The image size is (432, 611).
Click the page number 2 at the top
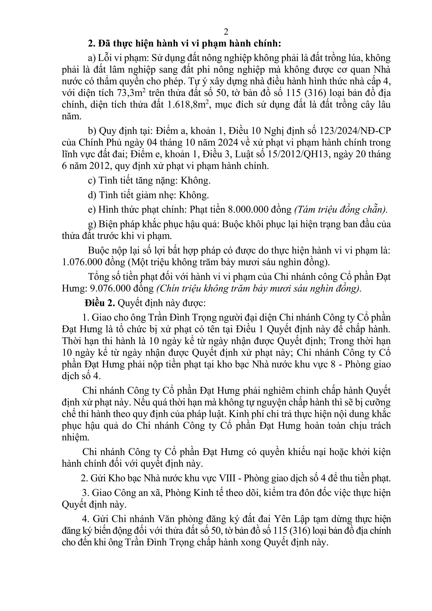[226, 32]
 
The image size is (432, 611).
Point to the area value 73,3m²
[132, 93]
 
